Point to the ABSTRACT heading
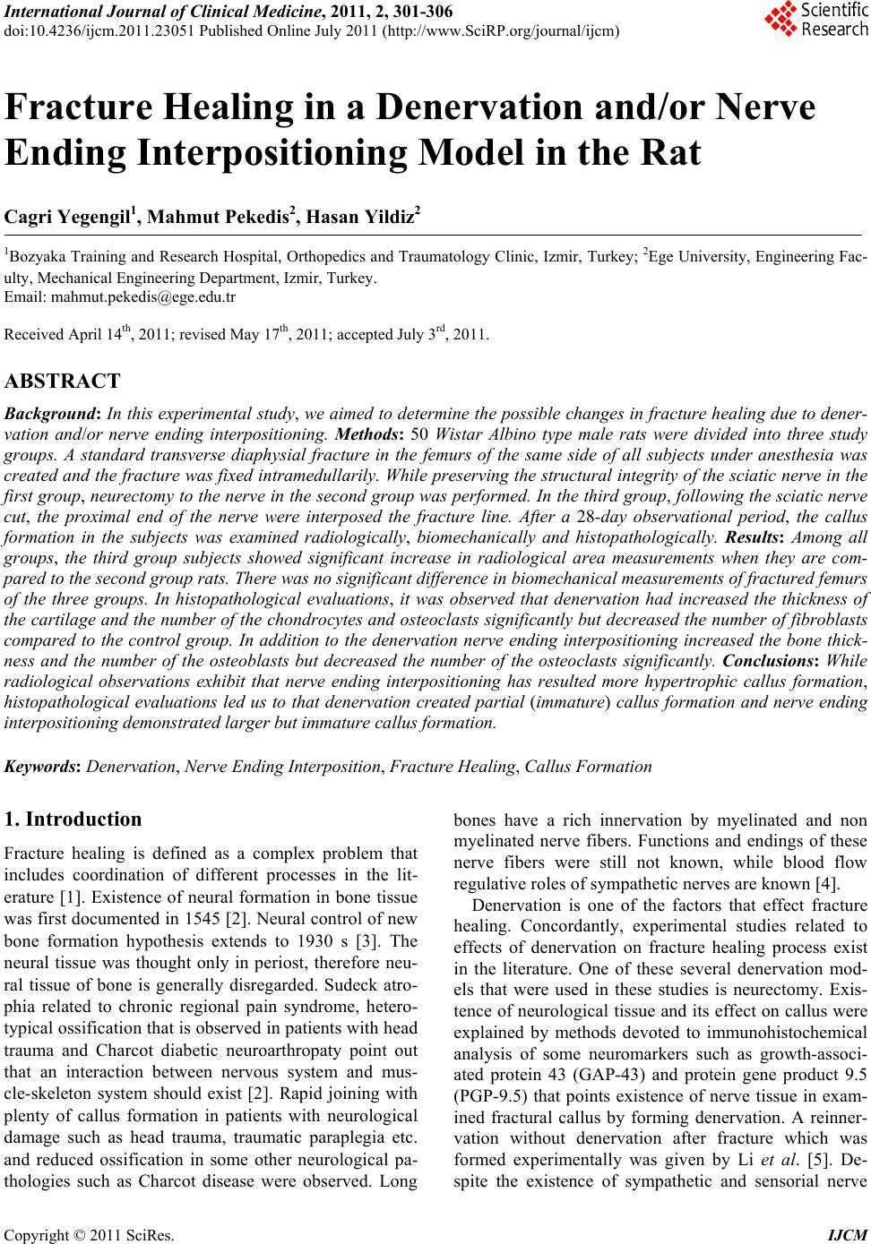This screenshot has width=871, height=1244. click(62, 382)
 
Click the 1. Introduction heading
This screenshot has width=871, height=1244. click(73, 819)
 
